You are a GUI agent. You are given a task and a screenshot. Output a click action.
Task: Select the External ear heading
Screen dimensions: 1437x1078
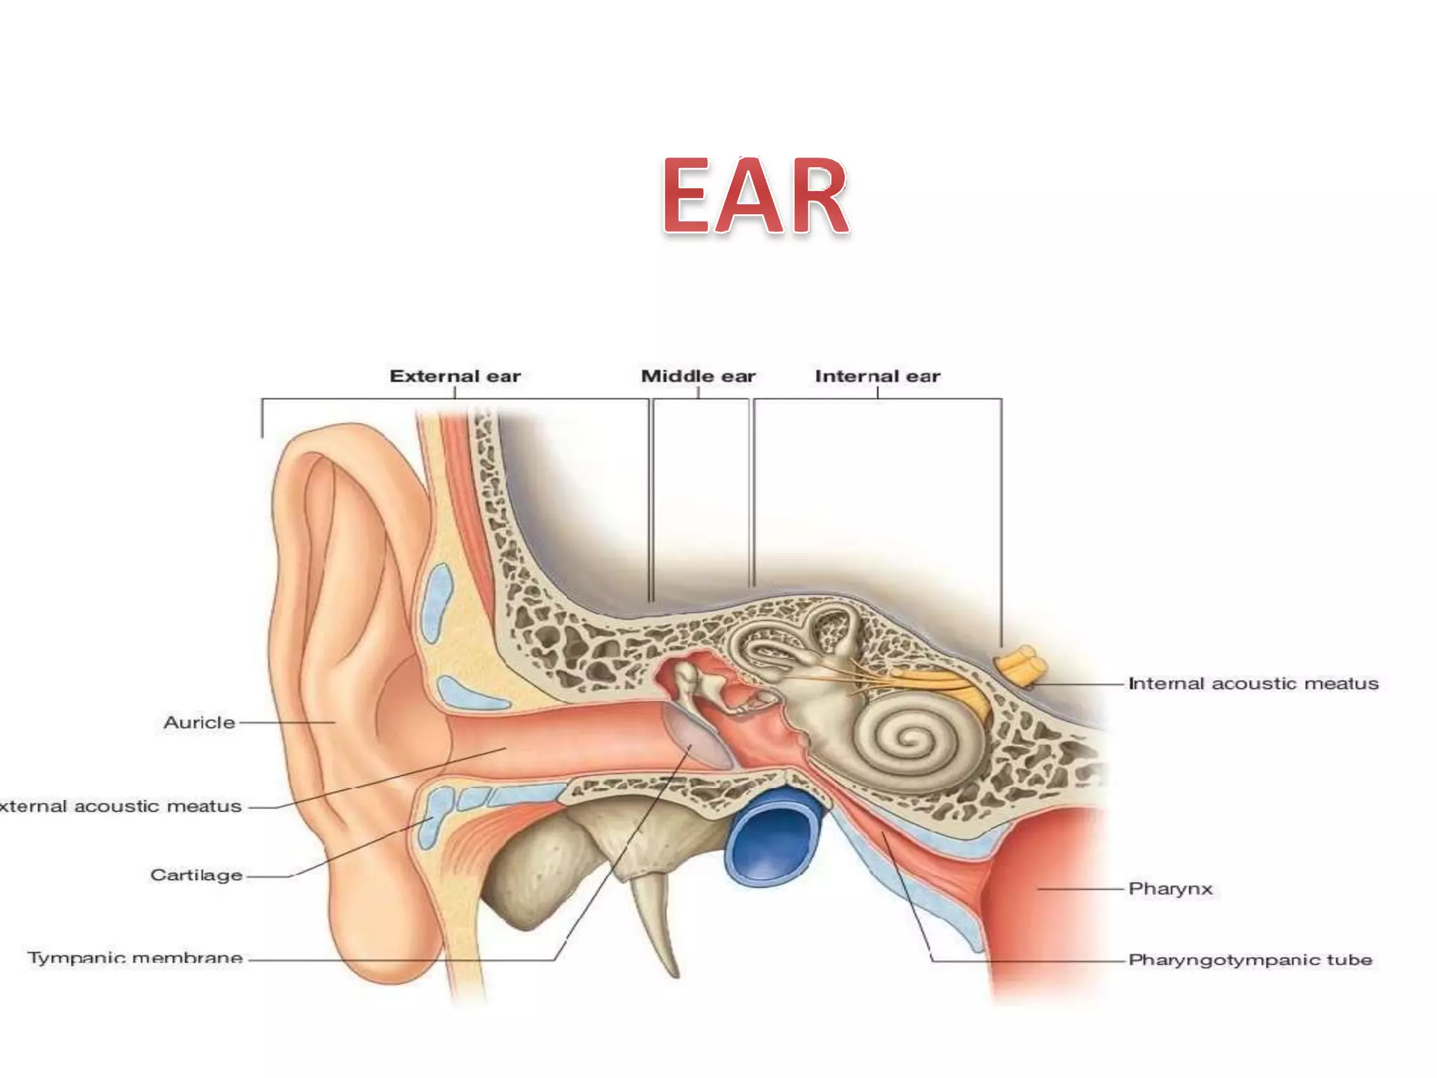[455, 376]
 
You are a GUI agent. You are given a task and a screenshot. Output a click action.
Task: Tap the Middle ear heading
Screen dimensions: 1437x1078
[698, 376]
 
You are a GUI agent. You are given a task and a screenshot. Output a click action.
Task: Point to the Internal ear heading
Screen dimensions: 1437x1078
[877, 376]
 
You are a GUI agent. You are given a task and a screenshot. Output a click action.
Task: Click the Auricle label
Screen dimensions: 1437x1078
[199, 722]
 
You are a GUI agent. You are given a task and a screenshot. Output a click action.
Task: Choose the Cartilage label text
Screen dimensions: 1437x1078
[196, 875]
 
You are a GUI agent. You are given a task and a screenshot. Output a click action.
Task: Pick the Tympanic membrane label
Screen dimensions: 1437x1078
[135, 958]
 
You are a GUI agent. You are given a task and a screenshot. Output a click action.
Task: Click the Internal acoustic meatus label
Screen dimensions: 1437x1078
[1253, 684]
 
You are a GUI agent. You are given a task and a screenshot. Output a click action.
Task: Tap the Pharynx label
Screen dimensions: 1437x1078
[1170, 889]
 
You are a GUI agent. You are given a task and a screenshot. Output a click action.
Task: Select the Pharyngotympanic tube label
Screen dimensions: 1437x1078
[1250, 959]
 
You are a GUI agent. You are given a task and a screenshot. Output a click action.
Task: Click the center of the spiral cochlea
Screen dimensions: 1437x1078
[912, 738]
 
